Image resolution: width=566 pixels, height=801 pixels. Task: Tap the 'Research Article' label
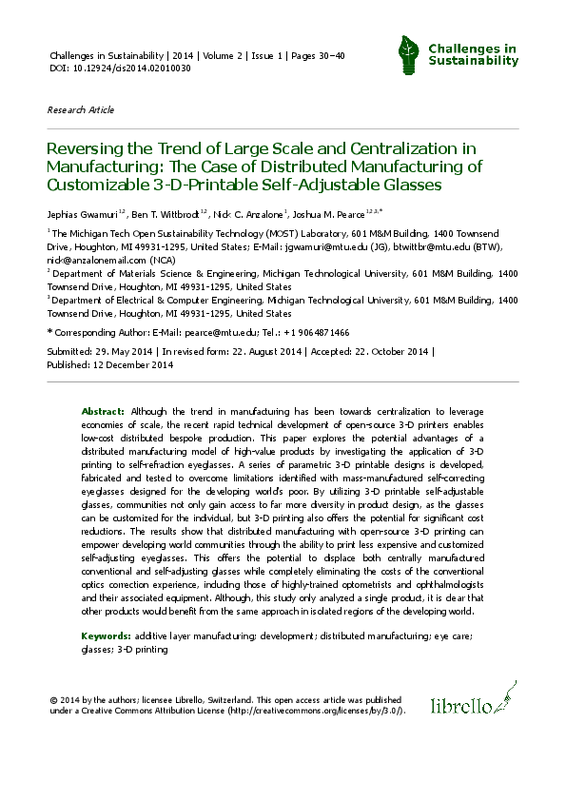80,110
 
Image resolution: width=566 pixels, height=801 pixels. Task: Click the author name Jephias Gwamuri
83,212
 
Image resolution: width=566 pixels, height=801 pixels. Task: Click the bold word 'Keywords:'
107,633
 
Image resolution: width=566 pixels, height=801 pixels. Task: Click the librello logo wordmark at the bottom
461,707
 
